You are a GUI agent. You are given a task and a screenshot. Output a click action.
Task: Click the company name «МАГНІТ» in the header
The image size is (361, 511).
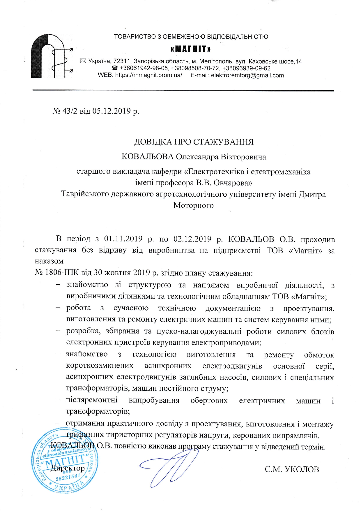click(191, 49)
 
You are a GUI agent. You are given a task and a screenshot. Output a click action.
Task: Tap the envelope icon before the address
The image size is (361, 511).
click(83, 61)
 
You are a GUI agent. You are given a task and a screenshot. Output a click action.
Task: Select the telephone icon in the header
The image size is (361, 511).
click(115, 68)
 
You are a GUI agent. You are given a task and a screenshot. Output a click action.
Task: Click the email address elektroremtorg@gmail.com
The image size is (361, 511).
click(247, 75)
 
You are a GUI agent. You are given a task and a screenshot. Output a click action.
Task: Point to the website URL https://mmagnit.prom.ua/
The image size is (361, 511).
click(149, 75)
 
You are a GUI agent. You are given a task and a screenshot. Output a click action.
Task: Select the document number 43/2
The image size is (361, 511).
click(70, 111)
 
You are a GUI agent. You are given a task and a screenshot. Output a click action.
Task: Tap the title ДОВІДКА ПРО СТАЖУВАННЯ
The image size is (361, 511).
click(194, 142)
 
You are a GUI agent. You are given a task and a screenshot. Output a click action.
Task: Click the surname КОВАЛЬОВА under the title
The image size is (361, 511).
click(147, 157)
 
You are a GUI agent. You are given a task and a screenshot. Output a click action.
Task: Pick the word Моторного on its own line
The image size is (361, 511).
click(193, 205)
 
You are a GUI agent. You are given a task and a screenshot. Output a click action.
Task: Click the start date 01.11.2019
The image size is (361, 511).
click(123, 239)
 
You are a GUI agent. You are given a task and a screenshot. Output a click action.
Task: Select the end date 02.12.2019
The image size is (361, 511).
click(192, 239)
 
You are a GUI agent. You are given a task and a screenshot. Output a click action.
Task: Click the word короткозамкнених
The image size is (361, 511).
click(100, 366)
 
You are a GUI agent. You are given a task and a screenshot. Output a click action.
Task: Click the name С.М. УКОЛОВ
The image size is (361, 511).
click(292, 469)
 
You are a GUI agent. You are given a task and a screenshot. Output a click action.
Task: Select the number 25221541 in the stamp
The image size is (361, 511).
click(68, 477)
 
